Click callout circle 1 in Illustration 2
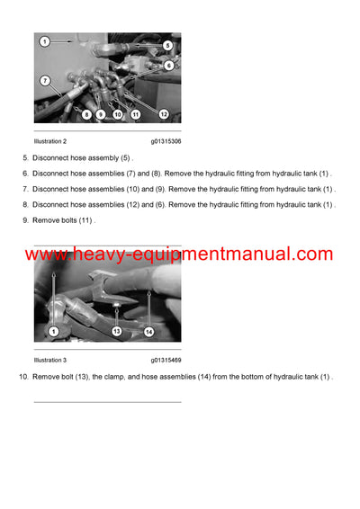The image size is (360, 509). click(x=44, y=41)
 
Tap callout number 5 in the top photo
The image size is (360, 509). click(x=167, y=45)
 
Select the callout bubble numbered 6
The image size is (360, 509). click(x=168, y=66)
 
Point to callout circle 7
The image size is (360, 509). click(x=44, y=81)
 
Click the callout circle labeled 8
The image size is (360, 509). click(x=86, y=114)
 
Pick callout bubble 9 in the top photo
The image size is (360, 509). click(x=101, y=114)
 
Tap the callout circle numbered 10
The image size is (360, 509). click(x=117, y=114)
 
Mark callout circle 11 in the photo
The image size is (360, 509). click(x=135, y=114)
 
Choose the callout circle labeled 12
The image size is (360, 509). click(x=164, y=114)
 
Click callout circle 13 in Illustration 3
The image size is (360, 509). click(x=116, y=332)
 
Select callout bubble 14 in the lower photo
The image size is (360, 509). click(x=149, y=332)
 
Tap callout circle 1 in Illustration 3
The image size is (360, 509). click(x=53, y=332)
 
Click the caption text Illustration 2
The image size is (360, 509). click(x=49, y=141)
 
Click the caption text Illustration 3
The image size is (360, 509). click(x=49, y=360)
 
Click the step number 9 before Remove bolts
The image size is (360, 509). click(x=24, y=220)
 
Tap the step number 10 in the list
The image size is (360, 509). click(x=22, y=376)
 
